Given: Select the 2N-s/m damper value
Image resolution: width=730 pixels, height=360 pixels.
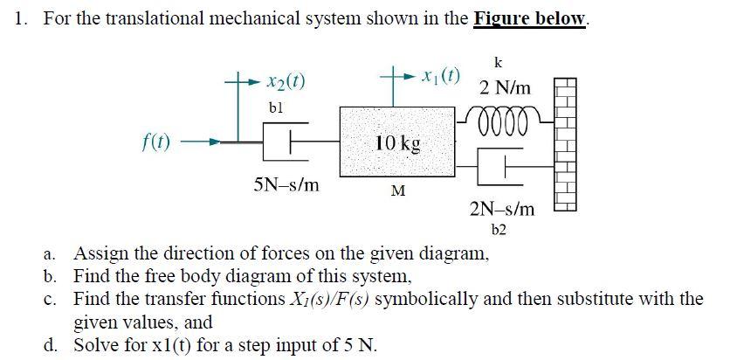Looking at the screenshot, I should pos(502,210).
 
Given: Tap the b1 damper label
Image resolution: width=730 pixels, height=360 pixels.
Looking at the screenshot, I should pos(277,107).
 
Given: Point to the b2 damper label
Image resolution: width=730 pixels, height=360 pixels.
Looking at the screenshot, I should pos(499,230).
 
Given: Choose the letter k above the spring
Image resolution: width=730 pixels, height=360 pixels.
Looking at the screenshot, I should pos(498,62).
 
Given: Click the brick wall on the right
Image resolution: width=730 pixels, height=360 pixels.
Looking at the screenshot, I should pos(566,144).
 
